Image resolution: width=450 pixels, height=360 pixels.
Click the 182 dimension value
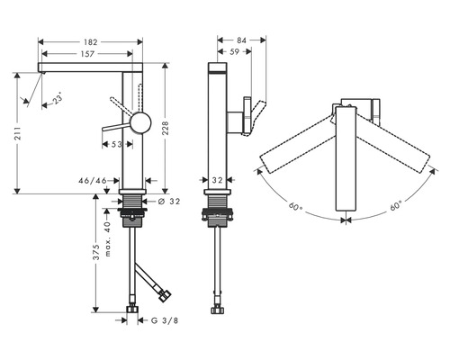91,42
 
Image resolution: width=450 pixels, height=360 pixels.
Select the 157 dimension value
87,54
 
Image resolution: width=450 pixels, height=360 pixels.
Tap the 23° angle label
58,98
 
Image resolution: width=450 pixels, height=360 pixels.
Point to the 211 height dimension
18,133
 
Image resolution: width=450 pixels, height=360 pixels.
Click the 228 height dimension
166,128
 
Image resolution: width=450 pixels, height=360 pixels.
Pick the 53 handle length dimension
117,145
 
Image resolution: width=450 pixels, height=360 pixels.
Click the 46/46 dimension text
93,181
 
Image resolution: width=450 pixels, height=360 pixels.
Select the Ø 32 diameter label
169,202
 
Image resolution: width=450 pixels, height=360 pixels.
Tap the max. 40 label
108,239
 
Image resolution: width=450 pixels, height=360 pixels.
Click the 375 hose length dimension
96,252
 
